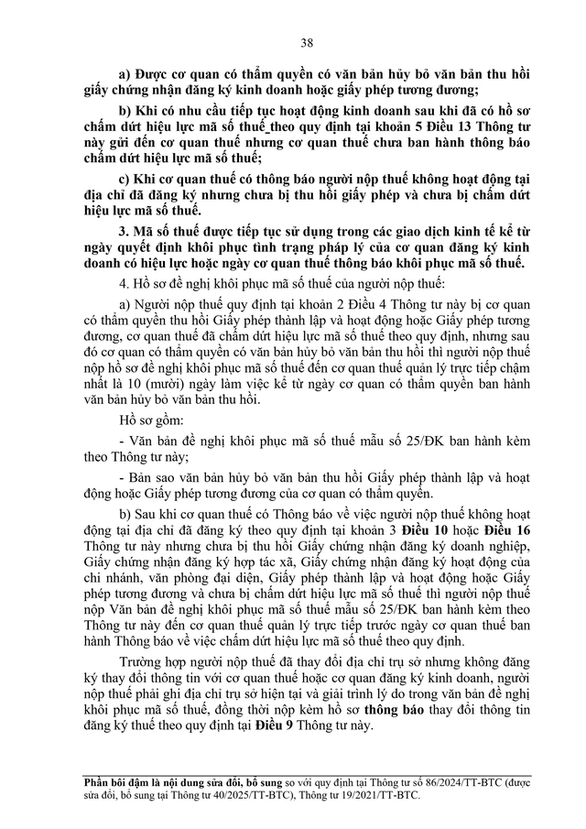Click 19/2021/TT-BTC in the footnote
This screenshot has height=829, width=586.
click(x=371, y=796)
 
